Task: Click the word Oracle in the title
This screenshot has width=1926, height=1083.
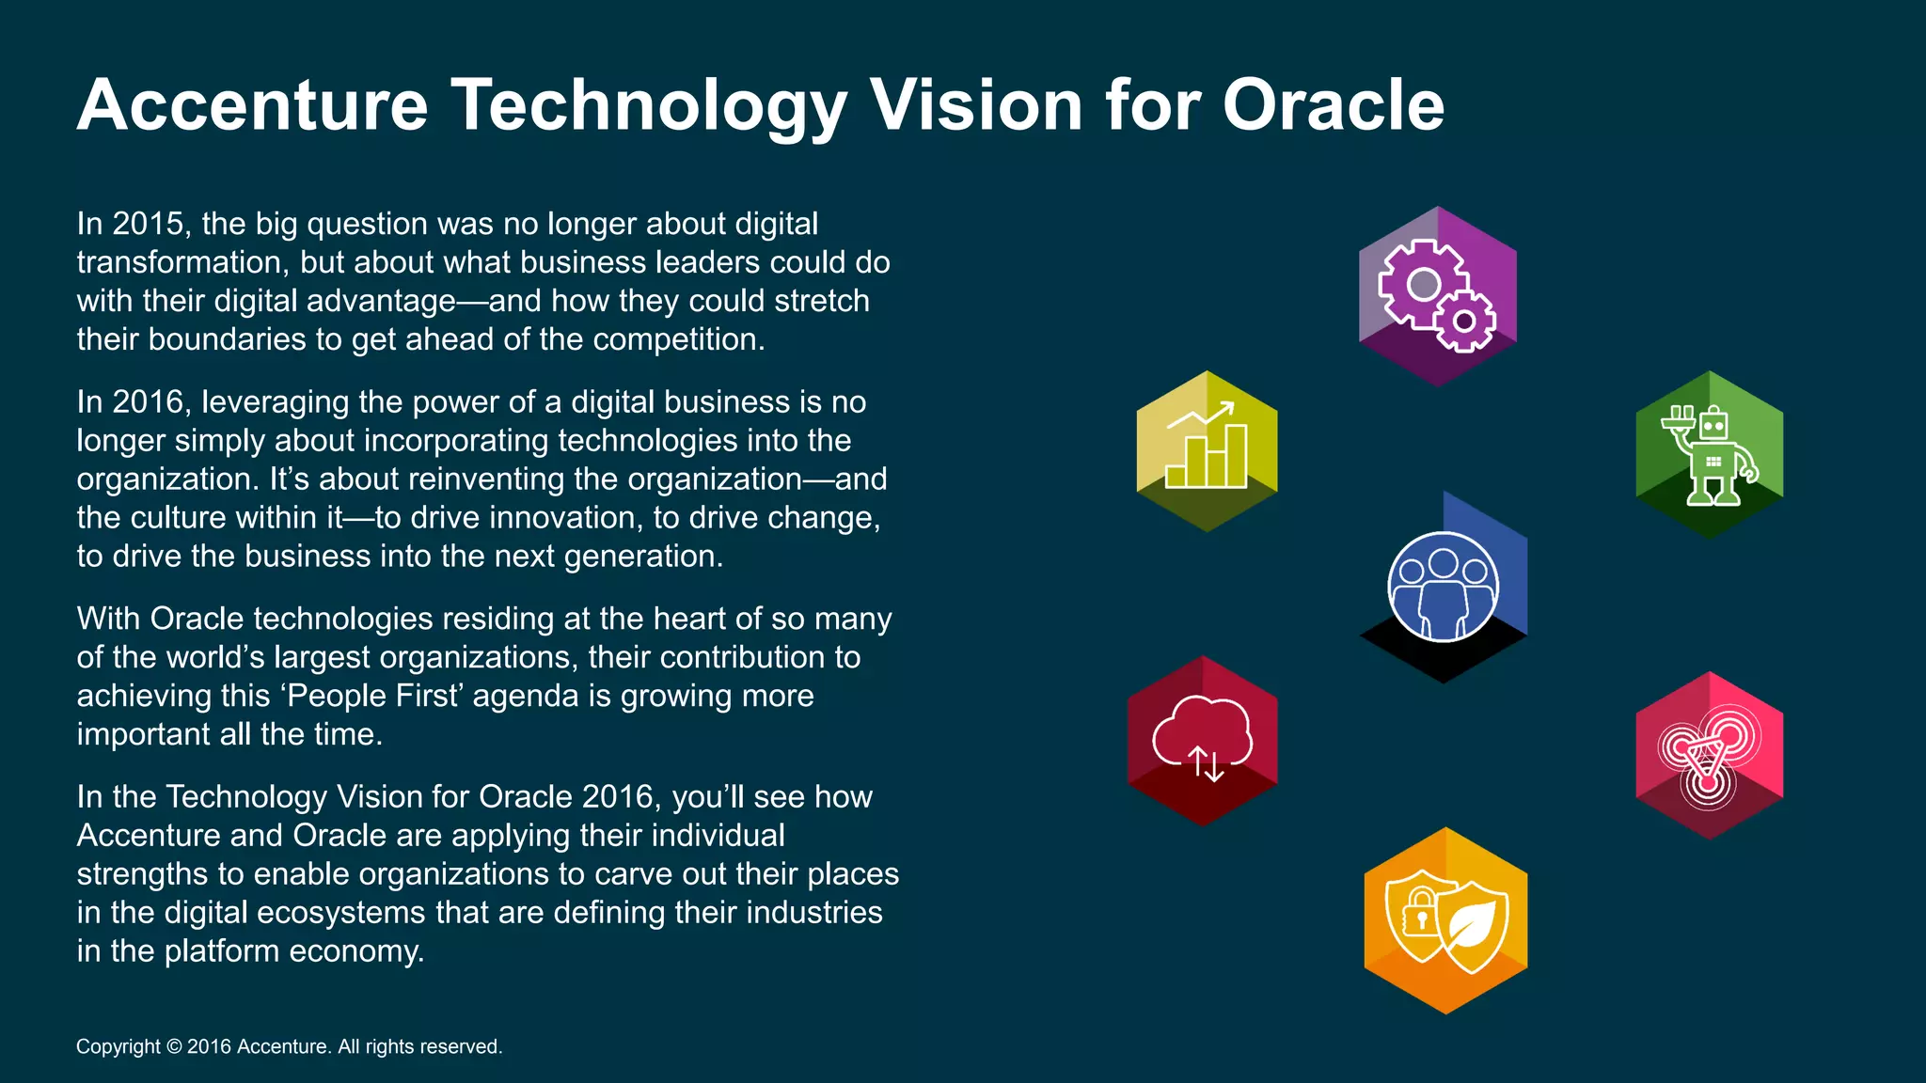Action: (1333, 105)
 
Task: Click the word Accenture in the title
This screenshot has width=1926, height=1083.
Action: (252, 105)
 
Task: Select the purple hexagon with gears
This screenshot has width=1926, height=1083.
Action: (1437, 296)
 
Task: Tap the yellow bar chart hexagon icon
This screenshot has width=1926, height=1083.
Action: (1207, 451)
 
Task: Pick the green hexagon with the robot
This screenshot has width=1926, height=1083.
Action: (1709, 455)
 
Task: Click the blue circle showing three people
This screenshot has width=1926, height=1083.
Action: (1443, 588)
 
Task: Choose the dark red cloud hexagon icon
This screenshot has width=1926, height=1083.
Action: (1202, 741)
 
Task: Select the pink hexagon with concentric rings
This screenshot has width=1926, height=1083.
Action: (1709, 755)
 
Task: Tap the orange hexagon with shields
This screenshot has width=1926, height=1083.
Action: (1445, 920)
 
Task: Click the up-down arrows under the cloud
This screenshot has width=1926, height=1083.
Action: (1207, 764)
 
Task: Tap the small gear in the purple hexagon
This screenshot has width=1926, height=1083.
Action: (1463, 322)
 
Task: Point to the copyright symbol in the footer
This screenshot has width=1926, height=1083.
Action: (174, 1047)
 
